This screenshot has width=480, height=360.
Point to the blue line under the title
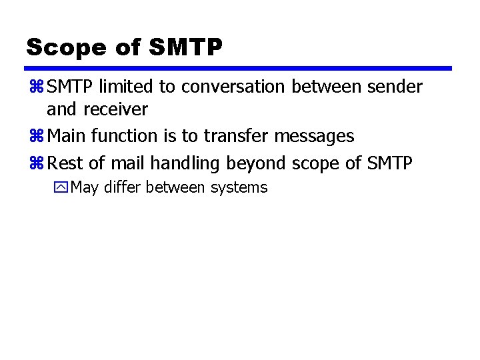point(238,68)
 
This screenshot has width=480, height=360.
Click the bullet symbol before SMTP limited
point(36,87)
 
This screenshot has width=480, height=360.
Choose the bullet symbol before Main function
point(36,136)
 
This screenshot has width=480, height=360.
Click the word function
point(125,136)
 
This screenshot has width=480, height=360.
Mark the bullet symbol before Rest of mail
point(36,163)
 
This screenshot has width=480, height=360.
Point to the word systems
point(239,188)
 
